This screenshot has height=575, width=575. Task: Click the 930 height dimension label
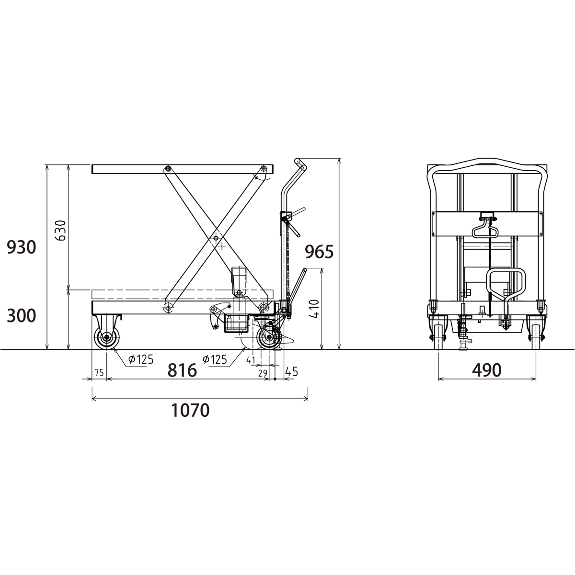click(x=22, y=247)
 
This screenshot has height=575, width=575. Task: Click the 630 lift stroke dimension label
click(x=60, y=230)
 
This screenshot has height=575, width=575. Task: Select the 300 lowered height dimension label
click(x=22, y=316)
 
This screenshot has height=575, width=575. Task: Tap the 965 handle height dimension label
click(x=319, y=252)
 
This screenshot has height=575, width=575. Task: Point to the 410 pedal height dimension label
click(x=314, y=309)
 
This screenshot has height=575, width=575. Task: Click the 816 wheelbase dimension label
click(x=182, y=370)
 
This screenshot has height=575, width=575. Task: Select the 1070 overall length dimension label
click(x=190, y=410)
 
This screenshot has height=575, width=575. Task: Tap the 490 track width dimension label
click(x=487, y=370)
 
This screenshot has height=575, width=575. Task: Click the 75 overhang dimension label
click(x=99, y=373)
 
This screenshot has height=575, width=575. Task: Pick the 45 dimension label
click(x=291, y=371)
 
